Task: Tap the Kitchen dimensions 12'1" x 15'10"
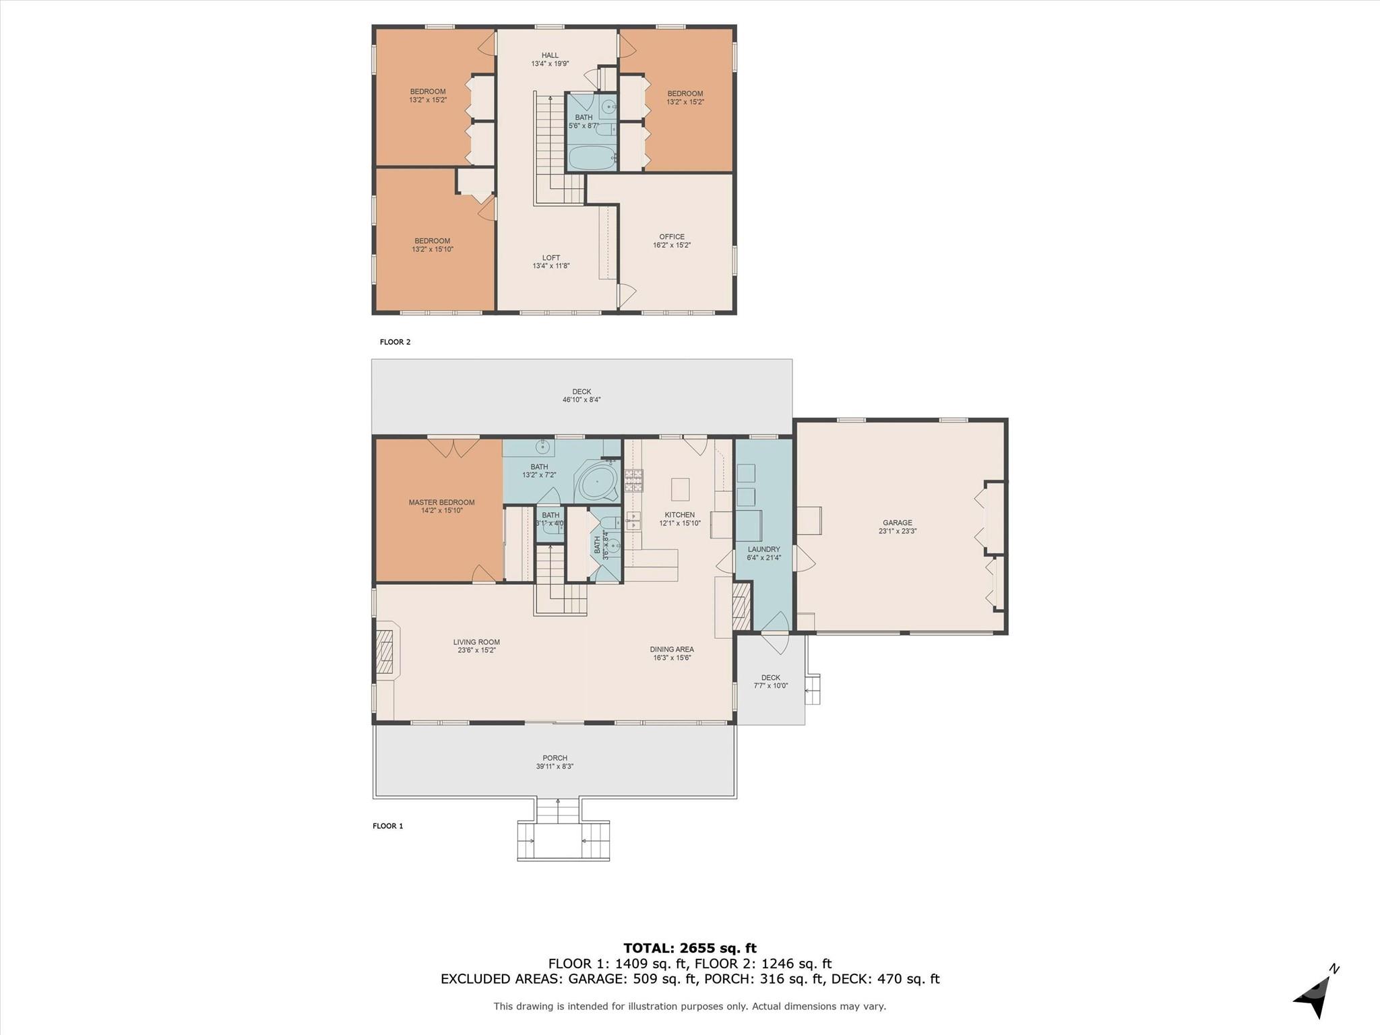click(679, 523)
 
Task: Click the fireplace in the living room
click(386, 652)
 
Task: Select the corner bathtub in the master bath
click(596, 483)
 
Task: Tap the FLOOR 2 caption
click(395, 342)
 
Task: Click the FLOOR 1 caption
click(387, 825)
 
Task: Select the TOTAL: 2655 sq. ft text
click(689, 948)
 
